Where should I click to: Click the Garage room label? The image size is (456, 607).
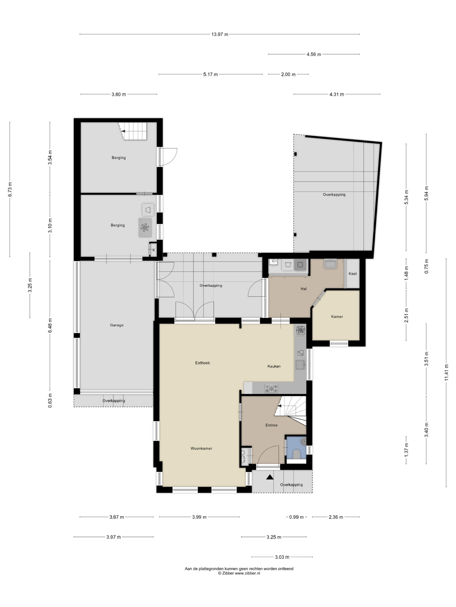point(117,325)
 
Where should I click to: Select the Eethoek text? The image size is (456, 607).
point(202,363)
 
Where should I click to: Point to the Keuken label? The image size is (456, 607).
point(274,366)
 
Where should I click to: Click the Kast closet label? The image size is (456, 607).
point(352,273)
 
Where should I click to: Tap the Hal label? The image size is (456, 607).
point(304,289)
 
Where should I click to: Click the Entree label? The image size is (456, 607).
point(271,425)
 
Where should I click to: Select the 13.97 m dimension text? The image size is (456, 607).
point(220,34)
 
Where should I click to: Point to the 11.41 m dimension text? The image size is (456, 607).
point(446,372)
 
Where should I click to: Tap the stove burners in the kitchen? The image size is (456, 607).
point(271,388)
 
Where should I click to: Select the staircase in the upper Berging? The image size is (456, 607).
point(133,131)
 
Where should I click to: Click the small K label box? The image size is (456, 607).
point(153,250)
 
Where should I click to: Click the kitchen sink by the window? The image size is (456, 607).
point(300,365)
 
